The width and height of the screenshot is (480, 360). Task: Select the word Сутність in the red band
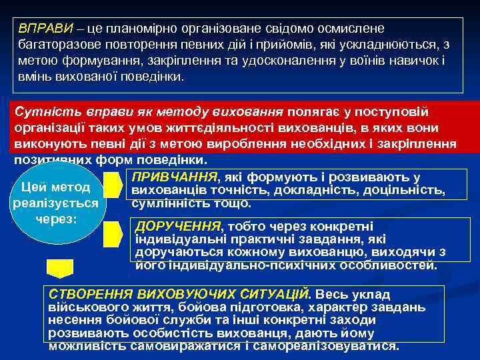[x=41, y=111]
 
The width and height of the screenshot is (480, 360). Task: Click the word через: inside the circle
[x=56, y=218]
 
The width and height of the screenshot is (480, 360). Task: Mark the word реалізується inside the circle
[x=56, y=203]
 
